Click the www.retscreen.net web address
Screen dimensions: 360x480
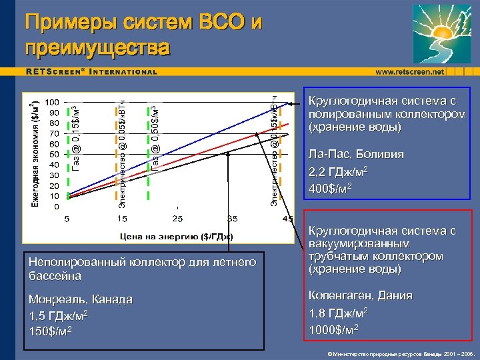[x=409, y=71]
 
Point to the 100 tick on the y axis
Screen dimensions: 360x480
[x=52, y=102]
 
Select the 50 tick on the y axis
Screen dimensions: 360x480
[x=52, y=154]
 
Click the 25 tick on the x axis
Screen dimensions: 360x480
[x=178, y=219]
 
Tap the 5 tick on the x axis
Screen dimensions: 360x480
[x=66, y=219]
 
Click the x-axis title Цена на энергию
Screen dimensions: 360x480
[x=176, y=235]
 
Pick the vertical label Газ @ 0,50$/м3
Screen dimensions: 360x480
[x=155, y=137]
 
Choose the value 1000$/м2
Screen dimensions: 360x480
[x=334, y=328]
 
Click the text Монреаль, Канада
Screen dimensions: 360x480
[x=81, y=299]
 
